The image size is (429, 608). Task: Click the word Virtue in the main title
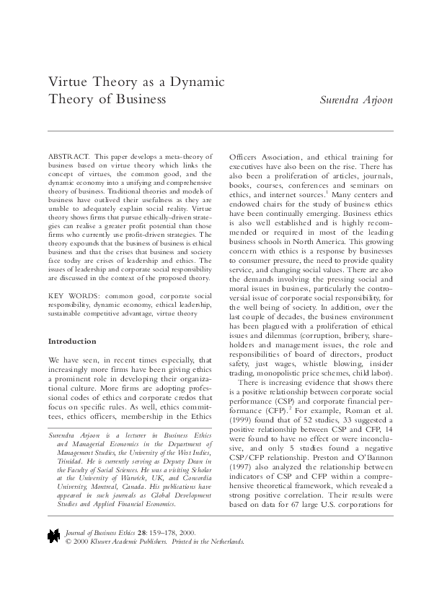tap(64, 82)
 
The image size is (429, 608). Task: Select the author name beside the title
tap(356, 100)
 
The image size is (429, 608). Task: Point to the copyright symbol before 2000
tap(68, 560)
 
